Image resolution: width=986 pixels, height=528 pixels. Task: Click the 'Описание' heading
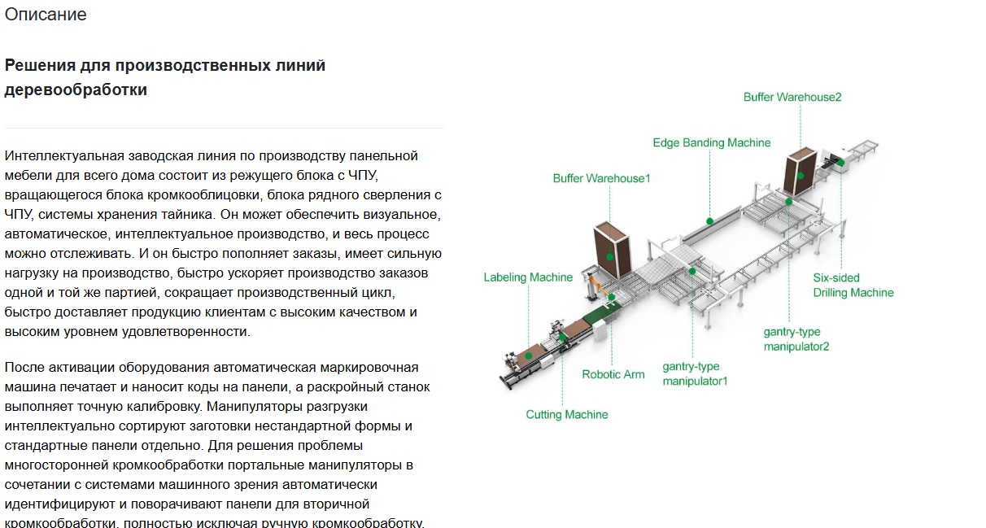(x=46, y=15)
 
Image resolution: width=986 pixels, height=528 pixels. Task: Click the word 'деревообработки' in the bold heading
(x=76, y=89)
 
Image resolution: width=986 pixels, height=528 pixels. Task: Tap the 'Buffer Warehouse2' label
(x=792, y=97)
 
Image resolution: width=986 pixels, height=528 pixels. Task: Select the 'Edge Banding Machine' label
(x=712, y=142)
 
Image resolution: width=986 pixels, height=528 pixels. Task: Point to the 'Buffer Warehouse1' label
(x=601, y=178)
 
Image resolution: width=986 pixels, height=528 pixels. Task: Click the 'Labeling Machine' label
(x=528, y=277)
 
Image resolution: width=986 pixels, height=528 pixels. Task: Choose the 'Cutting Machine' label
(x=567, y=414)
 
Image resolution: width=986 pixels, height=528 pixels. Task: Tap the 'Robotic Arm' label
(x=613, y=374)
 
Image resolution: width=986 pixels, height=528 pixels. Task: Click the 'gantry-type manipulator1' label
(x=695, y=373)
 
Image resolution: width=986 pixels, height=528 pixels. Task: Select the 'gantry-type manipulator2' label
(x=796, y=339)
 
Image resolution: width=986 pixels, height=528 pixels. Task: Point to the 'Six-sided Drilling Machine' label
(x=853, y=286)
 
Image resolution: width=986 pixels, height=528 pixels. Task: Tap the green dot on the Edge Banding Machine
(x=709, y=221)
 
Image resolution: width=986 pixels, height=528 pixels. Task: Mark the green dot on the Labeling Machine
(x=529, y=356)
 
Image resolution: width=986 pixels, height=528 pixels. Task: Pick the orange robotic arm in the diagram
(x=599, y=286)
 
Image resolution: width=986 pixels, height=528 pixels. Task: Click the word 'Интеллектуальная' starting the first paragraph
(x=64, y=156)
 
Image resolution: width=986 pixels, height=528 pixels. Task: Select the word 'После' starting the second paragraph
(x=24, y=367)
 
